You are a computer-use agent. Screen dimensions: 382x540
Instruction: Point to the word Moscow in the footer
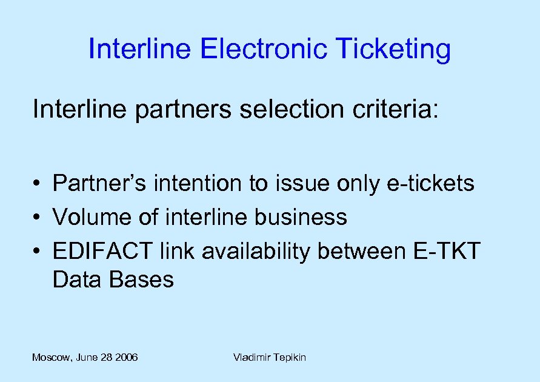point(51,358)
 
